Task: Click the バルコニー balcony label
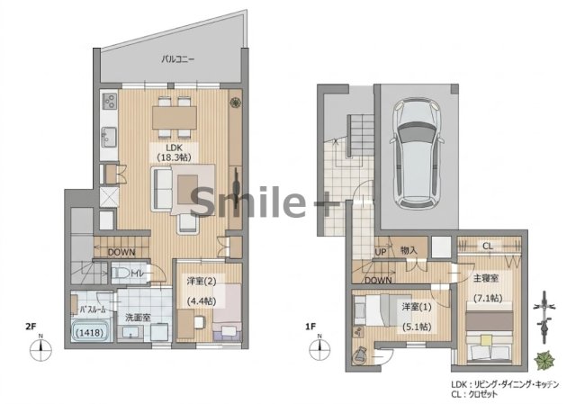coord(178,58)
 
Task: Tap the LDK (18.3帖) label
coord(174,152)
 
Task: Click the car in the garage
coord(417,154)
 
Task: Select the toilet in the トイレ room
coord(121,273)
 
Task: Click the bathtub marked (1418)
coord(91,332)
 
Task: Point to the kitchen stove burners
coord(110,101)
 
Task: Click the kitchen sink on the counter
coord(109,137)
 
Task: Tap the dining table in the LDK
coord(175,118)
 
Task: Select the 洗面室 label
coord(138,318)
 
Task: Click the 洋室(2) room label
coord(202,282)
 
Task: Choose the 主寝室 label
coord(486,278)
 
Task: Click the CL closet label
coord(488,246)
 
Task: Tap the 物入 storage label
coord(409,251)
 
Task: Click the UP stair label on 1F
coord(381,252)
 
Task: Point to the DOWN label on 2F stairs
coord(121,252)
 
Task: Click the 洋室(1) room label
coord(417,306)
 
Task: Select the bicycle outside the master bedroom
coord(544,317)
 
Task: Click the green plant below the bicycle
coord(544,360)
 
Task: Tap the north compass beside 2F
coord(40,349)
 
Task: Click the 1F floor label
coord(310,326)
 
